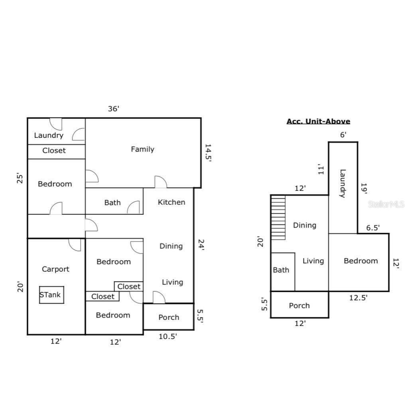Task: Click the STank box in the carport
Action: [x=52, y=295]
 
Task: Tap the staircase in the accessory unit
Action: [x=278, y=218]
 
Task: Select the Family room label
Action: [x=142, y=149]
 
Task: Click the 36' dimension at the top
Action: [x=114, y=109]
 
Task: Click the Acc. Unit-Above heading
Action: [x=318, y=122]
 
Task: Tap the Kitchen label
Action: [x=171, y=202]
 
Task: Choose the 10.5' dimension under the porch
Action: [x=168, y=337]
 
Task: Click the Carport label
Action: [x=55, y=269]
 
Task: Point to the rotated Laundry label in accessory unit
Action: [x=343, y=184]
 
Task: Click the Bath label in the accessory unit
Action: [x=281, y=270]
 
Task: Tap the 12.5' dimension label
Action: [x=358, y=298]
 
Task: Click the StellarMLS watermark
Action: [x=386, y=204]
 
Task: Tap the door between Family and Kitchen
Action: [x=160, y=182]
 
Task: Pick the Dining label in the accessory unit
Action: [x=305, y=226]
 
